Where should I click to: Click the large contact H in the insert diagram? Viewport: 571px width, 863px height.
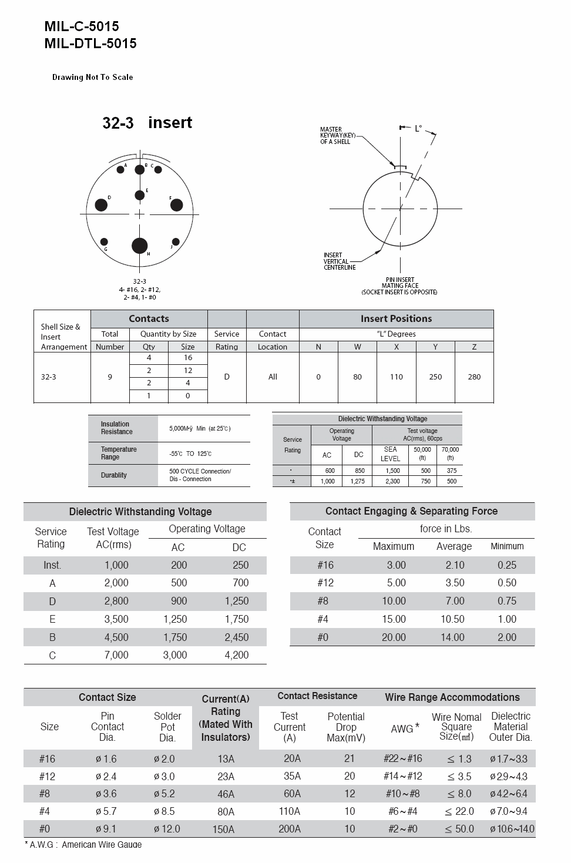click(x=139, y=245)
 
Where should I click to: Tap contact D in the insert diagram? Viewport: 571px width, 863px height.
click(x=101, y=205)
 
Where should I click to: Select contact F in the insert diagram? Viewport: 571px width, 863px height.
click(x=176, y=205)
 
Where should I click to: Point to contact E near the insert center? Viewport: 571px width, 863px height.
click(x=139, y=196)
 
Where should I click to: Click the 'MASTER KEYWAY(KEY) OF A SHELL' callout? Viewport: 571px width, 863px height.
click(x=335, y=136)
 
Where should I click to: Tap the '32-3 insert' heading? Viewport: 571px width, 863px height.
click(x=147, y=123)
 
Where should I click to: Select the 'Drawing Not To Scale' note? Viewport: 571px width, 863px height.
click(x=92, y=77)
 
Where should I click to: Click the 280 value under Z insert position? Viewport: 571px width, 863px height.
click(x=474, y=377)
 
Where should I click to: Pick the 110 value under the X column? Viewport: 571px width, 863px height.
click(x=396, y=377)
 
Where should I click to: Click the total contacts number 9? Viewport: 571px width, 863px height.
click(x=110, y=377)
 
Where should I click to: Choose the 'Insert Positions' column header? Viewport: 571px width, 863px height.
click(x=396, y=318)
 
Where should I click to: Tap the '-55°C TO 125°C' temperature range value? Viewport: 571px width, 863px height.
click(x=190, y=454)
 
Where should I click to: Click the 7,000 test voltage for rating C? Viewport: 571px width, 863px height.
click(x=116, y=655)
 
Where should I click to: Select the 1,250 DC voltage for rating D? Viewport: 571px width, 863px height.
click(x=237, y=601)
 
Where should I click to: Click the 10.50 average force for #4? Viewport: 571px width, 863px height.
click(x=452, y=619)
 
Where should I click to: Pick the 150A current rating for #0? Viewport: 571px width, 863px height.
click(x=226, y=830)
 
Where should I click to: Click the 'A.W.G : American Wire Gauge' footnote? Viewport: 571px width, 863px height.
click(x=83, y=845)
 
